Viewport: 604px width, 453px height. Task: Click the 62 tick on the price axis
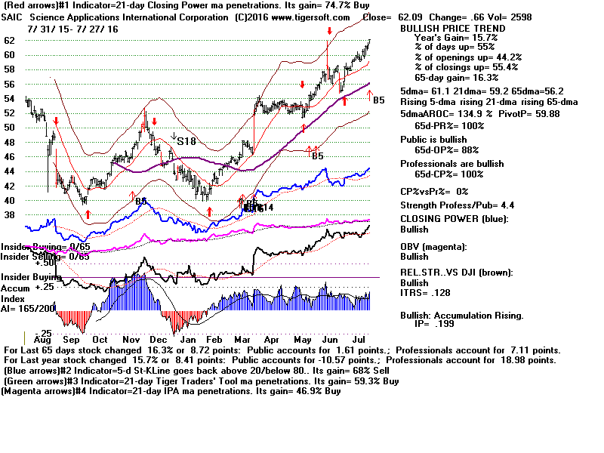[x=11, y=40]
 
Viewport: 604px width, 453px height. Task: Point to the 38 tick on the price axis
[x=11, y=214]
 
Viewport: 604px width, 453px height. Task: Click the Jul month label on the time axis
[x=359, y=341]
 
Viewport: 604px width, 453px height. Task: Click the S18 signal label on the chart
[x=186, y=140]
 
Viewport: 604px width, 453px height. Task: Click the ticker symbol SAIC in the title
[x=17, y=17]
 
